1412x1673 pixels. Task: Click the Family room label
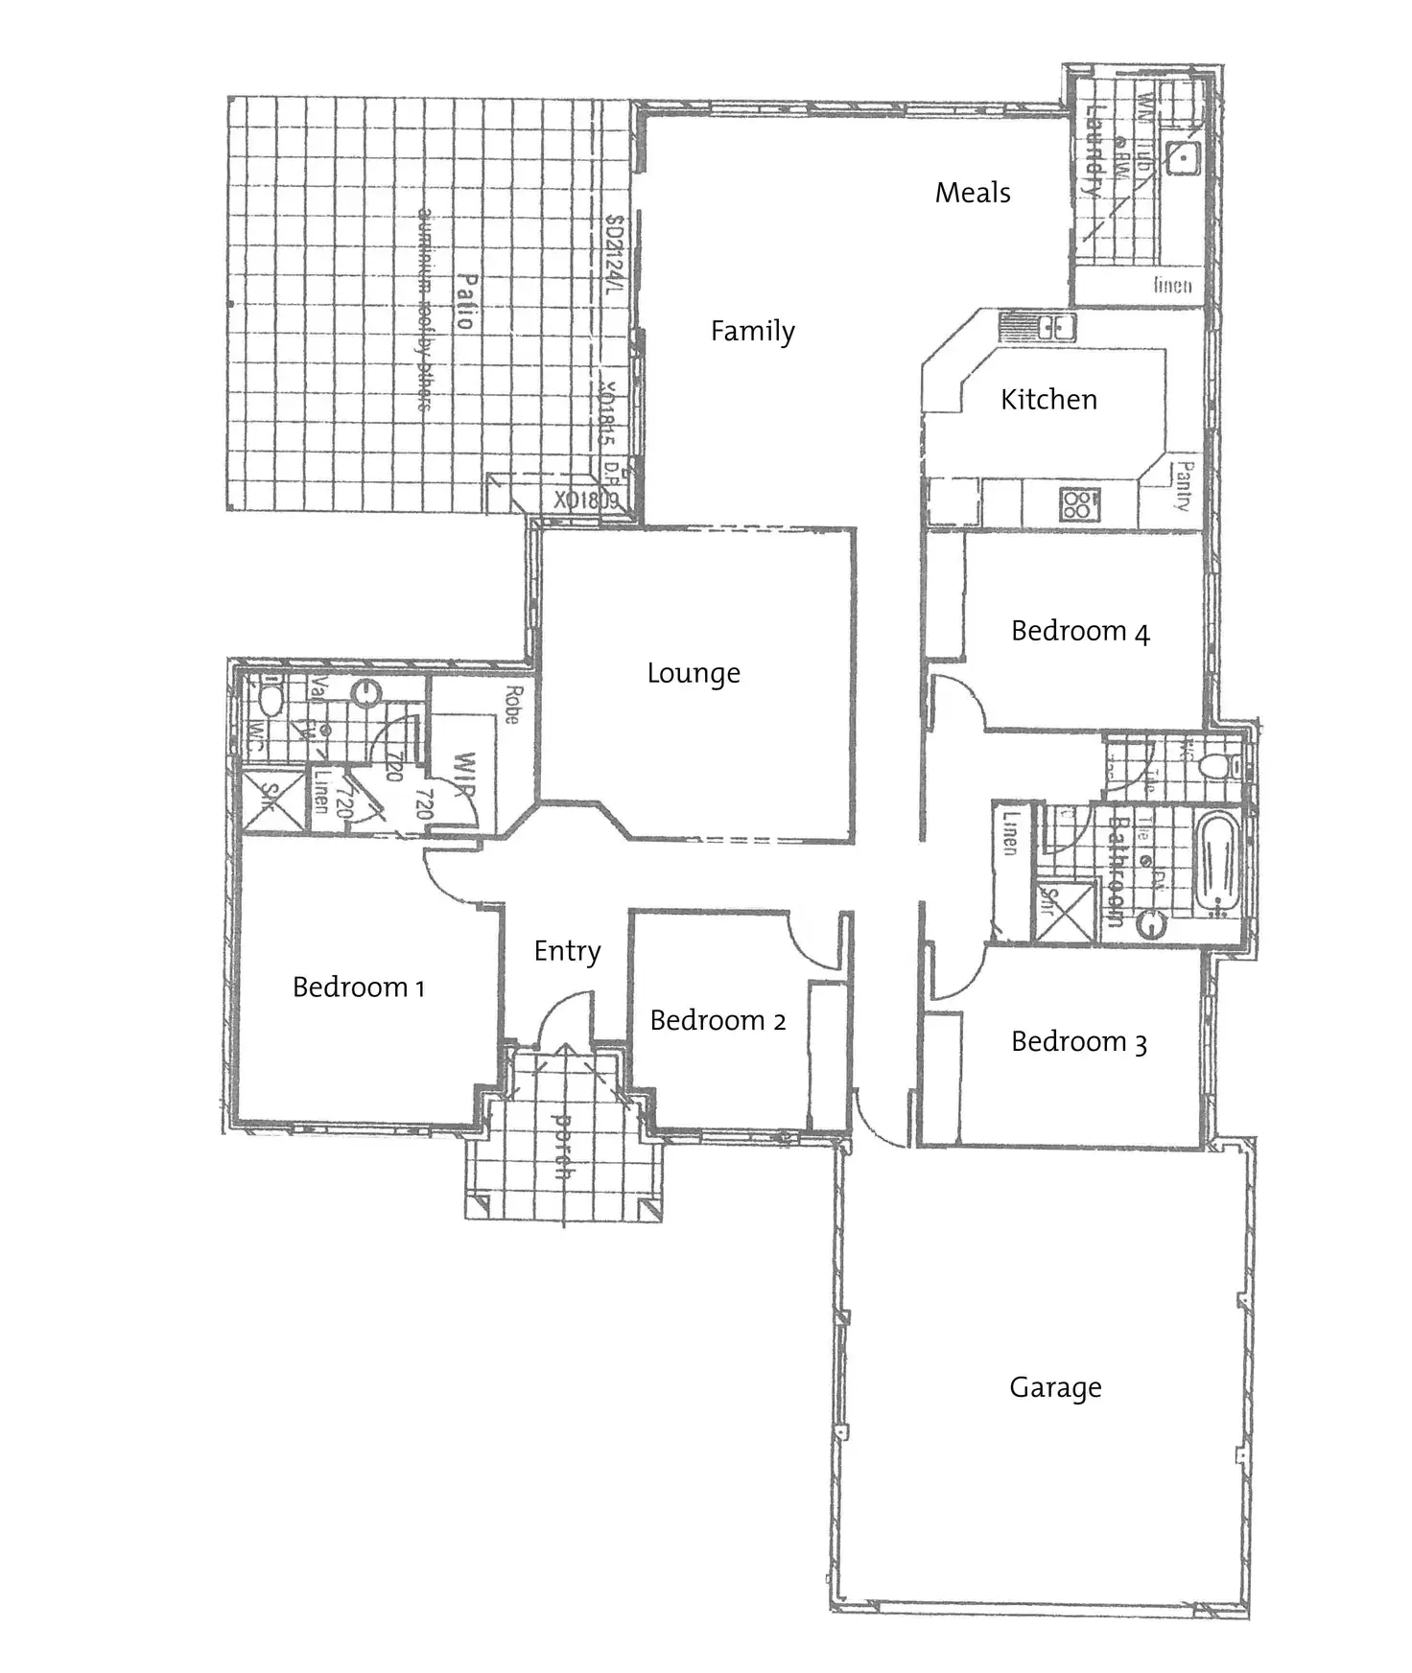point(752,332)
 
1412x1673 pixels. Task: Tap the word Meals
point(973,193)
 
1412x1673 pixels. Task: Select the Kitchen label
point(1048,400)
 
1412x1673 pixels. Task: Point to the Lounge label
point(694,673)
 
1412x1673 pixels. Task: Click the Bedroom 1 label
point(358,988)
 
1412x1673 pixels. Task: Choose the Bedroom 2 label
point(718,1021)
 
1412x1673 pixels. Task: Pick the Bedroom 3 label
point(1078,1042)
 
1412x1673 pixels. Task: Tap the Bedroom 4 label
point(1079,632)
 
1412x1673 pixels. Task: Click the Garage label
point(1055,1387)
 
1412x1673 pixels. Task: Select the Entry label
point(567,951)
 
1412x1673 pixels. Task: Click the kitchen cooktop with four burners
point(1078,504)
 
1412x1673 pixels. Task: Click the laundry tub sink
point(1184,156)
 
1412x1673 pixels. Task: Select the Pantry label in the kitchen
point(1184,485)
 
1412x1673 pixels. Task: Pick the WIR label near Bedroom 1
point(464,776)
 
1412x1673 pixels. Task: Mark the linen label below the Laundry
point(1172,285)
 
